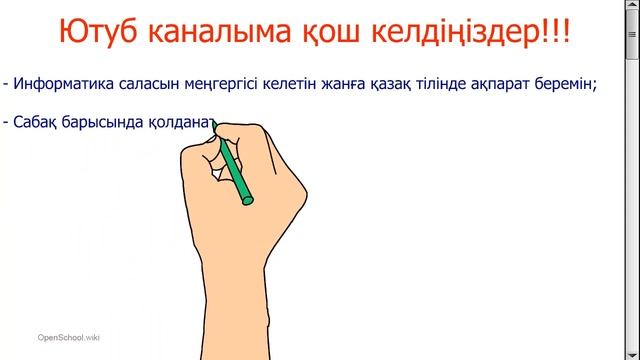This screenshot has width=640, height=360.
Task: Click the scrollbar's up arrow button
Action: pos(633,6)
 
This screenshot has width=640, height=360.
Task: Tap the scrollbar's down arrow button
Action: pos(633,353)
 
